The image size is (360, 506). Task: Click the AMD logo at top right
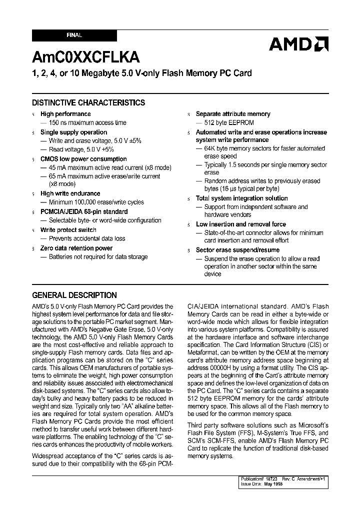pos(298,44)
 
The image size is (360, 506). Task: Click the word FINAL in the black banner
pos(74,35)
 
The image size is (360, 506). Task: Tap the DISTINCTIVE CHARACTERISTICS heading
pos(88,102)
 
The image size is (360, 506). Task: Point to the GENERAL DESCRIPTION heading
pos(74,295)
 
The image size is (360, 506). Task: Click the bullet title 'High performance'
pos(65,114)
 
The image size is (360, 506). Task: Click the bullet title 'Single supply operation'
pos(73,132)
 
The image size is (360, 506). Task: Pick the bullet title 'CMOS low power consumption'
pos(83,159)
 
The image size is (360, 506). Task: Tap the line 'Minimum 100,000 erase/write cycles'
pos(96,202)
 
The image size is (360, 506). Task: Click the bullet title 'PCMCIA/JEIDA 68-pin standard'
pos(84,211)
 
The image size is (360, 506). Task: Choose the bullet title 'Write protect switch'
pos(68,230)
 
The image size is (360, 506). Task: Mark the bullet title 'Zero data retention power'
pos(76,248)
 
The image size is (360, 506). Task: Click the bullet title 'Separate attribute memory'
pos(233,114)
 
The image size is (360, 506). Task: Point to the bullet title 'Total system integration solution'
pos(242,198)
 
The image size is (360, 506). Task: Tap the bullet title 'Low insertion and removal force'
pos(241,224)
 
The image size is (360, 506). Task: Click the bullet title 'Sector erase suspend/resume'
pos(237,250)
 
